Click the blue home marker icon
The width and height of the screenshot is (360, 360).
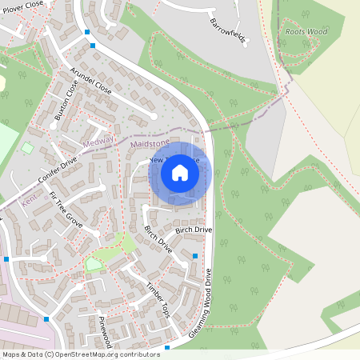pyautogui.click(x=180, y=173)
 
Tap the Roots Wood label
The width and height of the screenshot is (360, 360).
pyautogui.click(x=306, y=31)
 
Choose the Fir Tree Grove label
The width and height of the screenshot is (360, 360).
pyautogui.click(x=66, y=210)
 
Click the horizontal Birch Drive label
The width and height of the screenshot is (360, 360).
pyautogui.click(x=194, y=230)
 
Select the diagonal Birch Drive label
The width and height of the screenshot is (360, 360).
pyautogui.click(x=158, y=239)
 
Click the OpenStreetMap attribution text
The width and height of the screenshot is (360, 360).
pyautogui.click(x=80, y=354)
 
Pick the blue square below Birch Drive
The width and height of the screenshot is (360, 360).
pyautogui.click(x=195, y=256)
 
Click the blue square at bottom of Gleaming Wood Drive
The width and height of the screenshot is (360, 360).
pyautogui.click(x=166, y=348)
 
